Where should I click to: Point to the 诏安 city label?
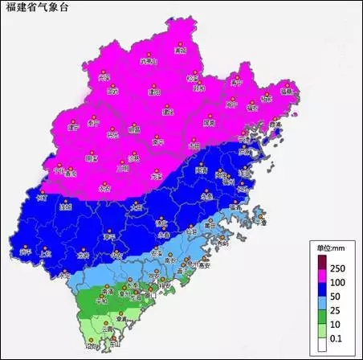[x=91, y=346]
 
